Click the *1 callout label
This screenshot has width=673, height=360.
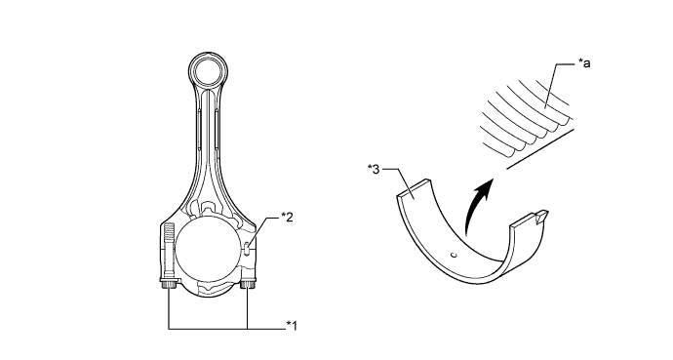(292, 326)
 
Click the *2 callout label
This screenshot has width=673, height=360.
(287, 218)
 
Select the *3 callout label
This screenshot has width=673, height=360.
(374, 170)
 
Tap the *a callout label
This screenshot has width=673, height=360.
(583, 63)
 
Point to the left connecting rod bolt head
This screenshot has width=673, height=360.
(169, 284)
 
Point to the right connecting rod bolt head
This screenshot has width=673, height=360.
(248, 284)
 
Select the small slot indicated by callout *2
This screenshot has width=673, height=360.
(247, 248)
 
